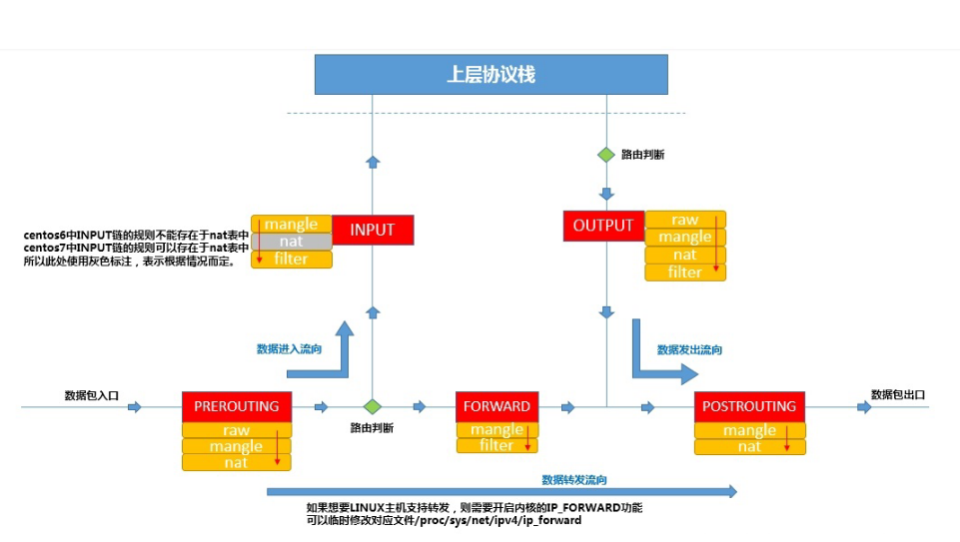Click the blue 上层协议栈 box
coord(490,75)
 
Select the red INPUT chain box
coord(372,230)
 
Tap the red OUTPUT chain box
coord(603,226)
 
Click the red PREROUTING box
coord(237,406)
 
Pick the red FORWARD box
coord(496,406)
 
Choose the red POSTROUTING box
coord(749,406)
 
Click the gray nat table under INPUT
coord(291,242)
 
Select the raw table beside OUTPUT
coord(685,220)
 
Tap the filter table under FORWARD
coord(496,445)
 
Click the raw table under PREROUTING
coord(236,430)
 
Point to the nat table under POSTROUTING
coord(749,447)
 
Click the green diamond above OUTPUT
coord(605,155)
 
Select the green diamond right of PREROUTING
coord(373,406)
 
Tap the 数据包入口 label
coord(92,395)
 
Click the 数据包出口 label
coord(898,394)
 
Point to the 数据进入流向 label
coord(290,349)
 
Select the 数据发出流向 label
coord(689,350)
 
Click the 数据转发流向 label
coord(574,479)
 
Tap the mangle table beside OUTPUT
coord(685,237)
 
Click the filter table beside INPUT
coord(291,260)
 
